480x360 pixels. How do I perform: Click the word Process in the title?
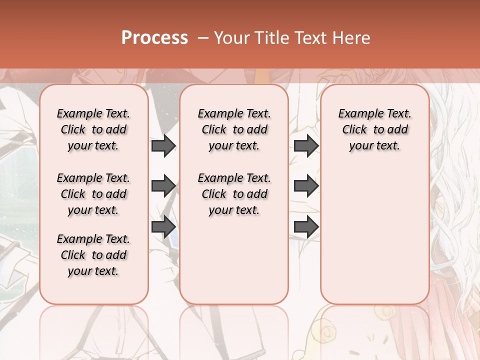(x=154, y=38)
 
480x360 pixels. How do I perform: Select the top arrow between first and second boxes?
(x=163, y=146)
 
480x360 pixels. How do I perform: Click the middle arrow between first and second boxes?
(x=163, y=186)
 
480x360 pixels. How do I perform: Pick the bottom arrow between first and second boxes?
(x=163, y=226)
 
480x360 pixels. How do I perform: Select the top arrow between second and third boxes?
(x=306, y=146)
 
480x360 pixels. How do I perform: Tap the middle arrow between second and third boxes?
(x=306, y=186)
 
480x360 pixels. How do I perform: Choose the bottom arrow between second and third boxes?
(x=306, y=226)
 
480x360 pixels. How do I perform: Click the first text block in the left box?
(x=93, y=129)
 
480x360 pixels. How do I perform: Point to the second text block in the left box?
(x=93, y=194)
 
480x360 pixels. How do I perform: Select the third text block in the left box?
(x=93, y=255)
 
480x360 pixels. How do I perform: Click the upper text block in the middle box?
(x=234, y=129)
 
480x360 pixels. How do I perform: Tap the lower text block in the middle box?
(x=234, y=194)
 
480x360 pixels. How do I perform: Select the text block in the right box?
(x=374, y=129)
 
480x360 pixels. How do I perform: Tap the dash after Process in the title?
(x=203, y=38)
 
